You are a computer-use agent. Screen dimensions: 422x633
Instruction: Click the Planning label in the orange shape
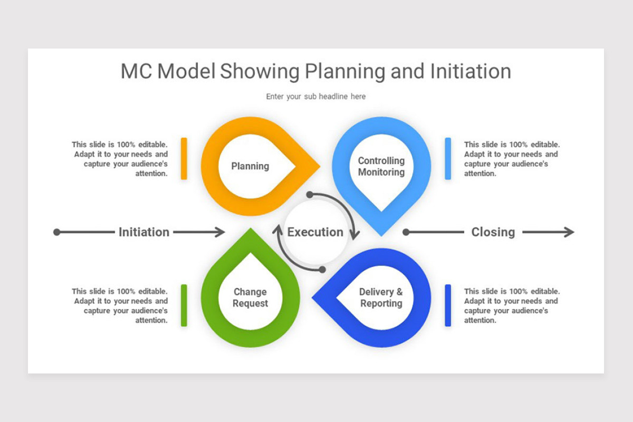(250, 166)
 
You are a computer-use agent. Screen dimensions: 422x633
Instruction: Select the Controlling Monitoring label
(381, 166)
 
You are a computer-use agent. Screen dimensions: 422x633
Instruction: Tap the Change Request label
(250, 298)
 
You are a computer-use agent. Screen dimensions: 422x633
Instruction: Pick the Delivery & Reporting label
(381, 298)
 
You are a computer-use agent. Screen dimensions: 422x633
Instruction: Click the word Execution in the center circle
(315, 232)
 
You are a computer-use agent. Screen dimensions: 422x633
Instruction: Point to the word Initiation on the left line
(144, 232)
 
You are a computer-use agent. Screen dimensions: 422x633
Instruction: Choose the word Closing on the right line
(493, 232)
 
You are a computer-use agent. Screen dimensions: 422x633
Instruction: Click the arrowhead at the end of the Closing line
(570, 232)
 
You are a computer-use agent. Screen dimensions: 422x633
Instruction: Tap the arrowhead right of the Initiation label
(220, 232)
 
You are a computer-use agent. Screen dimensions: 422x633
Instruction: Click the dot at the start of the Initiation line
(57, 232)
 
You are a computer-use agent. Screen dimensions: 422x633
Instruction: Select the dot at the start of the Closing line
(406, 232)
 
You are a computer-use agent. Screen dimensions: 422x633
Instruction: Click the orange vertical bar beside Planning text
(184, 159)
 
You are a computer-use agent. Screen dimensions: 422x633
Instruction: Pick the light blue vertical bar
(448, 159)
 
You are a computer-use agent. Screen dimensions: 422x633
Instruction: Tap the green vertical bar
(184, 305)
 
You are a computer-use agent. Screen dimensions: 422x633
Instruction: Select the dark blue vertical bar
(448, 305)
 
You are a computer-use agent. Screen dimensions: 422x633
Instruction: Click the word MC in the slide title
(136, 72)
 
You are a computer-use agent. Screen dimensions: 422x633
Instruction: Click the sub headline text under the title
(315, 97)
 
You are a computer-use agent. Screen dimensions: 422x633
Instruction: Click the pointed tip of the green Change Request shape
(251, 231)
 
